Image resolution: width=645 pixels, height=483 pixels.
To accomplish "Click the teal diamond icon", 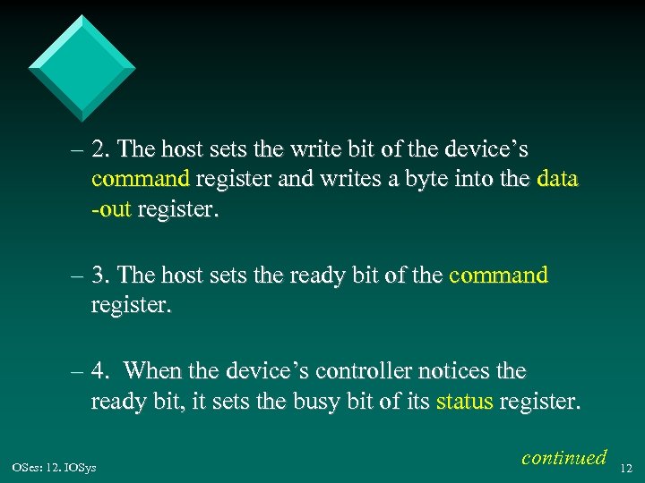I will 82,68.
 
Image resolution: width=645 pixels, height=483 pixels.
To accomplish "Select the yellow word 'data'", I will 557,179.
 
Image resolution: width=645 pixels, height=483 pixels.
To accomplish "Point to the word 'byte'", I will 431,179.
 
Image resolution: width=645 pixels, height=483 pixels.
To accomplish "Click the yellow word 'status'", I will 464,402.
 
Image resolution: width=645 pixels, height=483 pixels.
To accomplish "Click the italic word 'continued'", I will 563,458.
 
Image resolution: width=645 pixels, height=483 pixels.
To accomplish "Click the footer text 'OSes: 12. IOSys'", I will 55,466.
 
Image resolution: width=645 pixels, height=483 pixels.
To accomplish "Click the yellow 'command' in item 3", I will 497,275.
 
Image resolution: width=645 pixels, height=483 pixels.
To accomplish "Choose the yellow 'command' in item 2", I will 140,179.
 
